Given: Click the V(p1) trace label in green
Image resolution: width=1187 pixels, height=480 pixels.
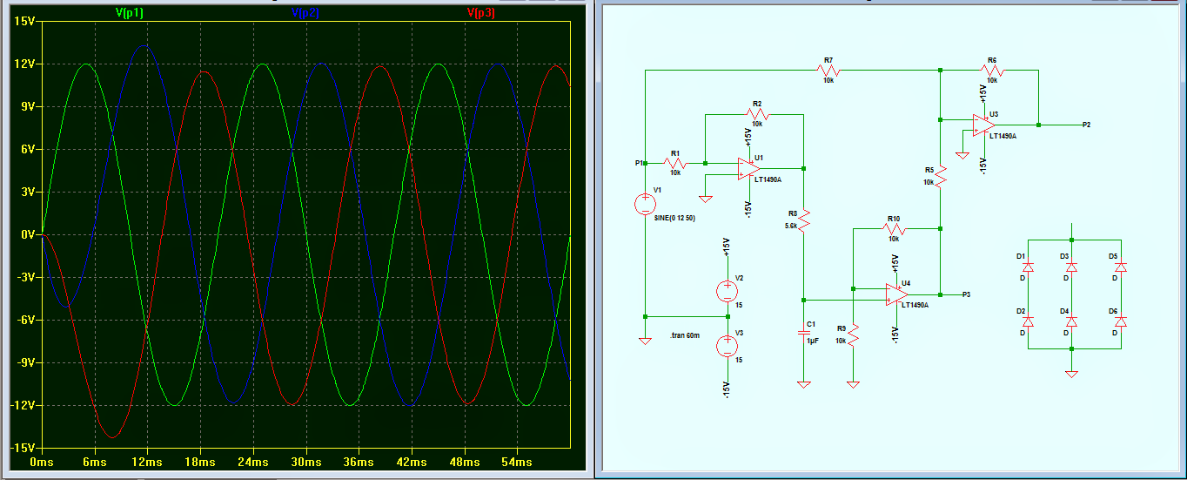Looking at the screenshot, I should click(x=130, y=13).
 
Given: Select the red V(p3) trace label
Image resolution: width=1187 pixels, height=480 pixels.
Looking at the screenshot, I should click(x=481, y=13).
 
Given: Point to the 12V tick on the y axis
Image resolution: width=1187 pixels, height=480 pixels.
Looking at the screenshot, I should click(x=22, y=64).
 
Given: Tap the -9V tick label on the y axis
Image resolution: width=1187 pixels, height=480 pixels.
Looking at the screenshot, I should click(x=22, y=362).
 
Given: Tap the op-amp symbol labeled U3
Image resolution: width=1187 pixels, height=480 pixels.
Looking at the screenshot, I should click(x=983, y=125).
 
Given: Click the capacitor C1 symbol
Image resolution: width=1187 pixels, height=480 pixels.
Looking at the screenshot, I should click(x=803, y=332).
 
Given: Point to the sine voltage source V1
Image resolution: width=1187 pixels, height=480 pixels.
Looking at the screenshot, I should click(x=645, y=206).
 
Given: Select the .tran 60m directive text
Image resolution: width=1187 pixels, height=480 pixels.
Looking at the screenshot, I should click(x=685, y=335).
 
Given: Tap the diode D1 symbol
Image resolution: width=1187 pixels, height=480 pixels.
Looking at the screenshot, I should click(x=1028, y=267).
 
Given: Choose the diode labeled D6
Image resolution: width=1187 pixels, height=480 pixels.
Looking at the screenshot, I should click(x=1120, y=322).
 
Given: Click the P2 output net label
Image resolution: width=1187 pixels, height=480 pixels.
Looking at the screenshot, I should click(x=1087, y=125).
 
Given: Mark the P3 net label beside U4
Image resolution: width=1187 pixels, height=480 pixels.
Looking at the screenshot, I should click(x=967, y=294).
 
